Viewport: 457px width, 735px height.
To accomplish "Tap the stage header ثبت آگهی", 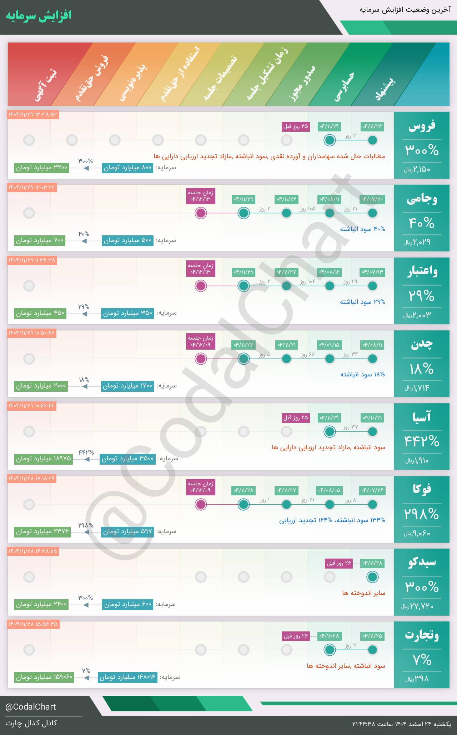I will (46, 86).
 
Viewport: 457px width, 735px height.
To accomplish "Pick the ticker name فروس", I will (422, 126).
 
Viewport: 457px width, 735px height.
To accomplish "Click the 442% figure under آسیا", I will (422, 441).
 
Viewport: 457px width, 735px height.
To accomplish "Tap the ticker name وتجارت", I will (422, 635).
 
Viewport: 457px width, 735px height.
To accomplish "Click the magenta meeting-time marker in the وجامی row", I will (201, 213).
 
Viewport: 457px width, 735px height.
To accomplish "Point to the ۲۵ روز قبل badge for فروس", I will (296, 126).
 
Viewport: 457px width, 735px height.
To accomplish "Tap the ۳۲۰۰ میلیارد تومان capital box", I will (42, 167).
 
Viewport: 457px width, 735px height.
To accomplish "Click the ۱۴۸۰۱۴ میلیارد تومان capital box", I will (127, 677).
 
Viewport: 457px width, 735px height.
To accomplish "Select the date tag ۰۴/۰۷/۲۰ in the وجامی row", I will (372, 199).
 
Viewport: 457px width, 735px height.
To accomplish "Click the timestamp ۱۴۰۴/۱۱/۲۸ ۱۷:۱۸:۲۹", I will (32, 479).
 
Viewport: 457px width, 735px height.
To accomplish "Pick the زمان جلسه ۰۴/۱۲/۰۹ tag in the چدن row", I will (201, 341).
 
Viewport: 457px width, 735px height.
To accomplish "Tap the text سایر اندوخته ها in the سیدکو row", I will (363, 593).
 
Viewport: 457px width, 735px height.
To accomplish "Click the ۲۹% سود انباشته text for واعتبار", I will (362, 302).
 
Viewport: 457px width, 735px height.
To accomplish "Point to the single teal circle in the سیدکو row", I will (372, 577).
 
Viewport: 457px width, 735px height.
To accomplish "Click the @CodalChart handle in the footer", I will (31, 707).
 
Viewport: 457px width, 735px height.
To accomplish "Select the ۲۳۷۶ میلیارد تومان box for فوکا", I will (42, 531).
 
